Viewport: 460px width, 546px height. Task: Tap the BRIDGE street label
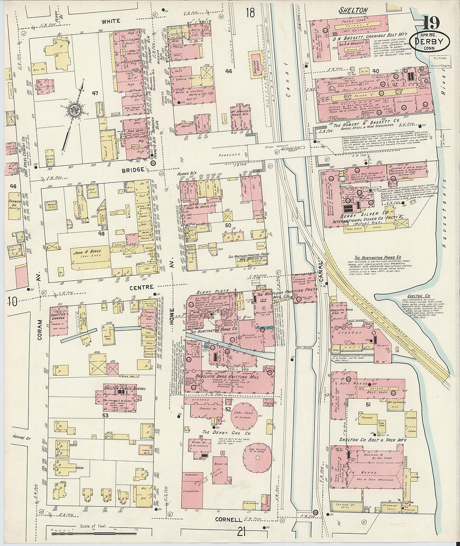tap(134, 169)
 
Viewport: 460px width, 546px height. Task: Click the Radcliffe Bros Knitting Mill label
tap(227, 377)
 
